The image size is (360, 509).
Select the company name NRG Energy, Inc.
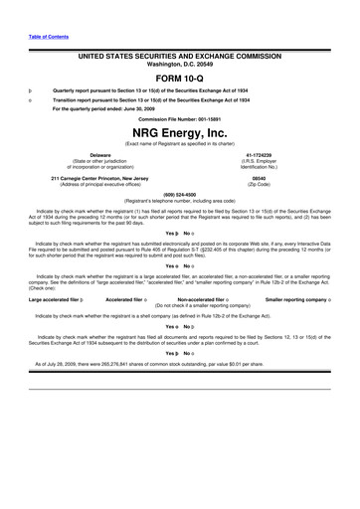(x=180, y=131)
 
